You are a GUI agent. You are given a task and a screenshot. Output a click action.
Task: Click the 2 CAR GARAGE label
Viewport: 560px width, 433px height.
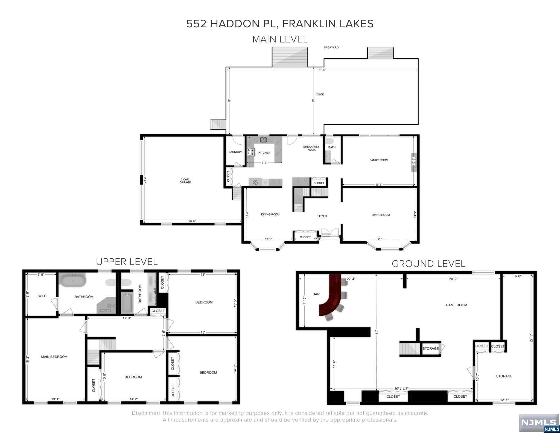[x=185, y=181]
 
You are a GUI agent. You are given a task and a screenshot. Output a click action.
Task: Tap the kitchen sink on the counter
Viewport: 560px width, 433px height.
[x=263, y=140]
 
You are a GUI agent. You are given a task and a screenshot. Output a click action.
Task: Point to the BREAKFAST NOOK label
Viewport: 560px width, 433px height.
[x=311, y=148]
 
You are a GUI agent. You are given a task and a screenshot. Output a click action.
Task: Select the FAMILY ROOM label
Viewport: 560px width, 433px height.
[x=379, y=160]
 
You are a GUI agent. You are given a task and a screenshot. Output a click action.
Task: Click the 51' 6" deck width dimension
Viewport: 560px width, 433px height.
[x=322, y=70]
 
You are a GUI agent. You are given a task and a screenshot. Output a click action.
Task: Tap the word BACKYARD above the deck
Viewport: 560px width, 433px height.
[x=331, y=48]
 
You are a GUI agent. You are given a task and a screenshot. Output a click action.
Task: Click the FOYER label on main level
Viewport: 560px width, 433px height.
[x=322, y=216]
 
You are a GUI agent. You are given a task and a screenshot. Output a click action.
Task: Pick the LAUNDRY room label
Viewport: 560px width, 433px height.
[x=235, y=152]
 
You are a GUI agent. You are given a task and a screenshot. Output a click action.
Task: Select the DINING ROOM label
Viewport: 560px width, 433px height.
[x=270, y=214]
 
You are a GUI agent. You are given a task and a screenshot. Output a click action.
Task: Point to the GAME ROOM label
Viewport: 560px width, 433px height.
[x=456, y=305]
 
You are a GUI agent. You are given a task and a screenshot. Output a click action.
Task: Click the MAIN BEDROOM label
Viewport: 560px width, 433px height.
[x=54, y=357]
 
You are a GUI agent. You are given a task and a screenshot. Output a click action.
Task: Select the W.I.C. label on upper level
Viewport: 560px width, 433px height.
[x=43, y=296]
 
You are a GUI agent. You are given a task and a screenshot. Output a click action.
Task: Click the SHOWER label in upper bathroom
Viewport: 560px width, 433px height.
[x=105, y=311]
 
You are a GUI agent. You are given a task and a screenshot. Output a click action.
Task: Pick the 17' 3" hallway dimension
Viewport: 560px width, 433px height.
[x=127, y=318]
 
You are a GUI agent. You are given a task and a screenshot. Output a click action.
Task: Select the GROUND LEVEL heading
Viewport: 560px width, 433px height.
[x=428, y=264]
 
